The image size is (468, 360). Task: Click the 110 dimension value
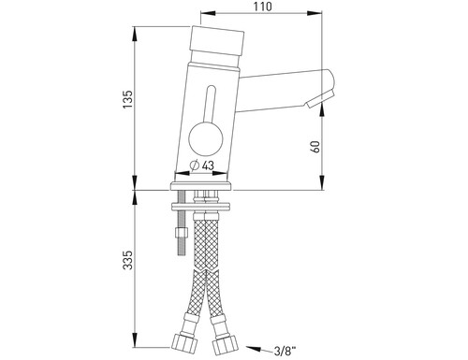pos(263,7)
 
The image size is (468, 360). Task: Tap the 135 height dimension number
pos(127,99)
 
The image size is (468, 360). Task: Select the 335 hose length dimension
pos(127,260)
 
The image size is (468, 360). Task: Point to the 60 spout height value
pos(315,147)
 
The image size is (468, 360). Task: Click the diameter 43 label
pos(202,166)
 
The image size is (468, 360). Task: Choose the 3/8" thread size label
pos(285,352)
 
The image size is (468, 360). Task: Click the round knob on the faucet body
pos(206,138)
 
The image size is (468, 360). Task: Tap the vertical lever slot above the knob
pos(210,104)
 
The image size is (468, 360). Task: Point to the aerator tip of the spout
pos(320,99)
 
